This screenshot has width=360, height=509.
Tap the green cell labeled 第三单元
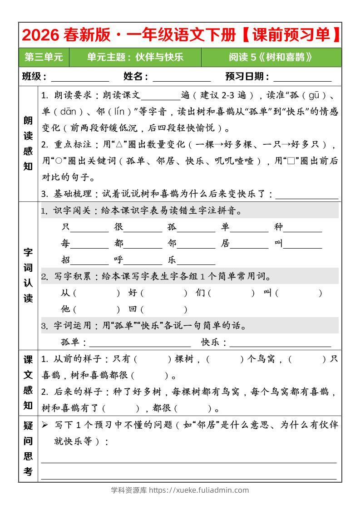[x=44, y=57]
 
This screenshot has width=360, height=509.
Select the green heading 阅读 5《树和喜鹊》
[x=271, y=57]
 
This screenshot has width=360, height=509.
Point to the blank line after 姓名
[x=182, y=78]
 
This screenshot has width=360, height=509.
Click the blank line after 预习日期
[x=302, y=78]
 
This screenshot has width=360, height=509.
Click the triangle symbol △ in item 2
[x=120, y=145]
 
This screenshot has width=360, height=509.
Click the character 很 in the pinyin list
[x=119, y=227]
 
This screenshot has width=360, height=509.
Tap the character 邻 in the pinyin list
[x=172, y=244]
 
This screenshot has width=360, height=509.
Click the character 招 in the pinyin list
[x=66, y=260]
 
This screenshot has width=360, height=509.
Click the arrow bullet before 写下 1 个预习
[x=45, y=425]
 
